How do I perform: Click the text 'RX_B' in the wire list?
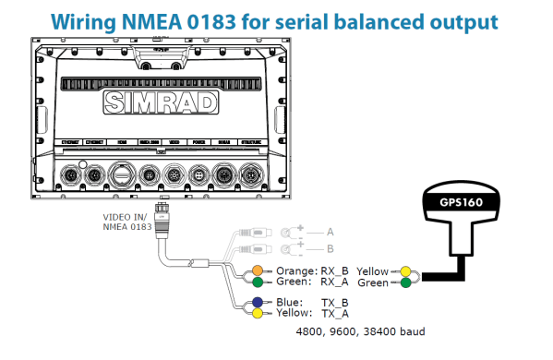coord(334,270)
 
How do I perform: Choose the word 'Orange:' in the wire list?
coord(295,270)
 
